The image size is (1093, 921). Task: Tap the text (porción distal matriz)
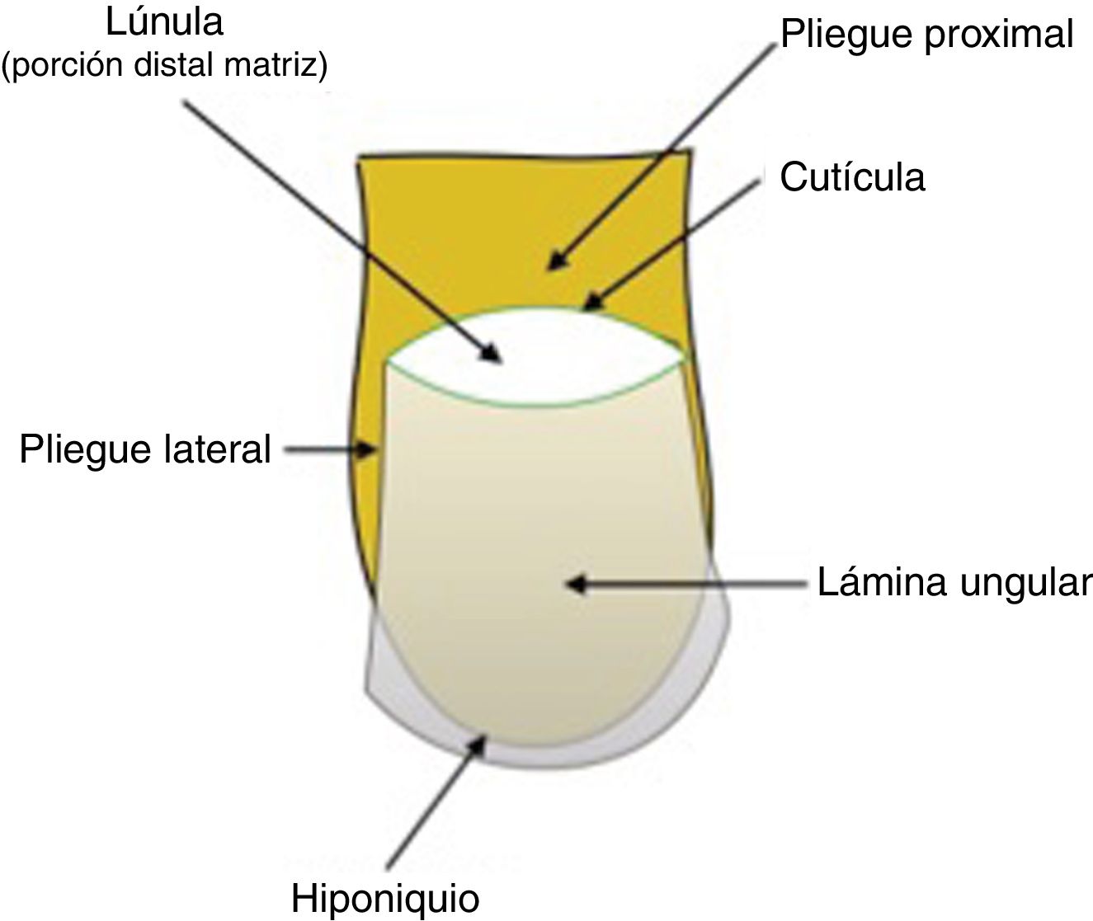coord(165,66)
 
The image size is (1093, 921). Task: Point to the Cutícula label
coord(852,177)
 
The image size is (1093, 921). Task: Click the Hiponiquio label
coord(385,897)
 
